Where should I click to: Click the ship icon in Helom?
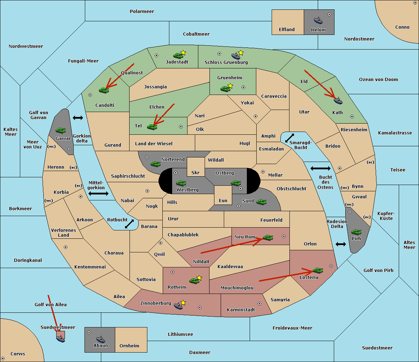[x=318, y=20]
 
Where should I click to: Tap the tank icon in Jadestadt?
[x=178, y=55]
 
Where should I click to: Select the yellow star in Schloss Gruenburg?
[x=241, y=53]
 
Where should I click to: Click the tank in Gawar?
[x=60, y=130]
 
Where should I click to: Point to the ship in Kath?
[x=338, y=101]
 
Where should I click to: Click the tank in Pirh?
[x=356, y=232]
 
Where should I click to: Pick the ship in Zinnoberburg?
[x=178, y=306]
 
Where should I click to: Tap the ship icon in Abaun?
[x=101, y=339]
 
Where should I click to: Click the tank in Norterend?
[x=155, y=163]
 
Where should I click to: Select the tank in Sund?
[x=261, y=202]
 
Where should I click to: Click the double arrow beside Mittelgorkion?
[x=98, y=193]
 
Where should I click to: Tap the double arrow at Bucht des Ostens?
[x=320, y=169]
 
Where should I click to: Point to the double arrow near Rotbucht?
[x=130, y=224]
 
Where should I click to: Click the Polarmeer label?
[x=142, y=12]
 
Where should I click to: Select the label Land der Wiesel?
[x=154, y=143]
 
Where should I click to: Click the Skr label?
[x=196, y=172]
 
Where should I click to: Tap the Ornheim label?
[x=129, y=346]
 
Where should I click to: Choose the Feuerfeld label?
[x=271, y=220]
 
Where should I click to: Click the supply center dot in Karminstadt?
[x=259, y=304]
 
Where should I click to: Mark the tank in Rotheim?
[x=194, y=280]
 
